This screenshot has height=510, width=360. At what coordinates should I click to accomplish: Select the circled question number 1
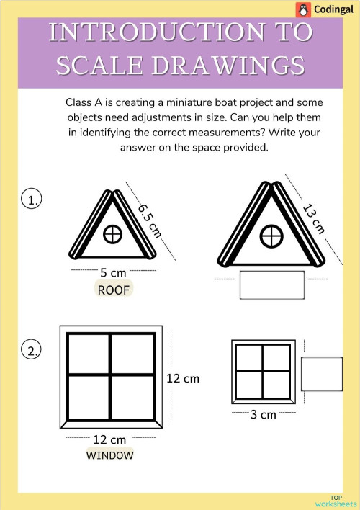(31, 200)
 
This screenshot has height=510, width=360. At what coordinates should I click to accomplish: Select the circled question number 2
(31, 351)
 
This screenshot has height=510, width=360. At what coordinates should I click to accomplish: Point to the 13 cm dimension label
(315, 219)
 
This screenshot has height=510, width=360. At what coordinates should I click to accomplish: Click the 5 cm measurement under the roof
(114, 272)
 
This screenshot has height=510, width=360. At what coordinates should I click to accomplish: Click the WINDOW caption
(109, 455)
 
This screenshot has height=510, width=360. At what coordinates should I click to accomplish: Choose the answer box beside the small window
(321, 374)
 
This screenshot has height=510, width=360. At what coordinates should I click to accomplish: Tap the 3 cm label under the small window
(263, 414)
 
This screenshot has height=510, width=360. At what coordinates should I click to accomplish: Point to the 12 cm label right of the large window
(183, 378)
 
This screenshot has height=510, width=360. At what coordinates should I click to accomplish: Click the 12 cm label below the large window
(109, 439)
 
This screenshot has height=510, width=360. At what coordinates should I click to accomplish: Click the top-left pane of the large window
(88, 354)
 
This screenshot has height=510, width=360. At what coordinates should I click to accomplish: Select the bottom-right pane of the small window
(275, 382)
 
